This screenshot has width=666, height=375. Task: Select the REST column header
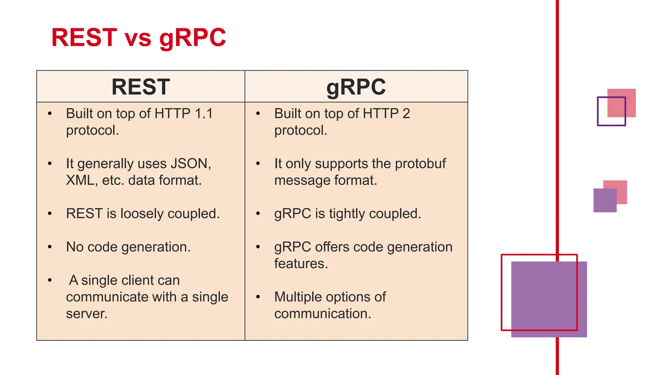coord(140,87)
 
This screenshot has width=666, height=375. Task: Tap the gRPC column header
coord(356,87)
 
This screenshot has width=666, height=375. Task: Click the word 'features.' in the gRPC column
coord(301,263)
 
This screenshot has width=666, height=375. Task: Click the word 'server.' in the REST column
coord(87,314)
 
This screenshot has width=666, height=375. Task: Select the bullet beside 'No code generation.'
coord(50,247)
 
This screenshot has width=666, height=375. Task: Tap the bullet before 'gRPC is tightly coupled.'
coord(258,214)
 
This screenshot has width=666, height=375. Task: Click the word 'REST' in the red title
coord(84,38)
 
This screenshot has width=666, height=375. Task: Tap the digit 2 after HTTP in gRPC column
coord(406,114)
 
